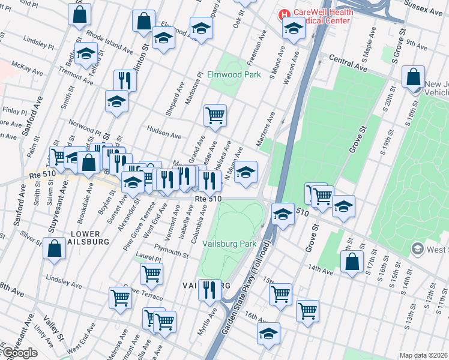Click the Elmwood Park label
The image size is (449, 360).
(x=234, y=75)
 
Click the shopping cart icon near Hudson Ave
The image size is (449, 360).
(x=215, y=114)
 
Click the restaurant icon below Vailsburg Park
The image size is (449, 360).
(x=209, y=290)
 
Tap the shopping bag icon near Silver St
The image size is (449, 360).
(x=54, y=248)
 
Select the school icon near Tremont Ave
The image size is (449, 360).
(x=86, y=53)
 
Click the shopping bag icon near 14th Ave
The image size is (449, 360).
(x=352, y=261)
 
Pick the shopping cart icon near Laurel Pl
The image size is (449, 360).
(x=151, y=274)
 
